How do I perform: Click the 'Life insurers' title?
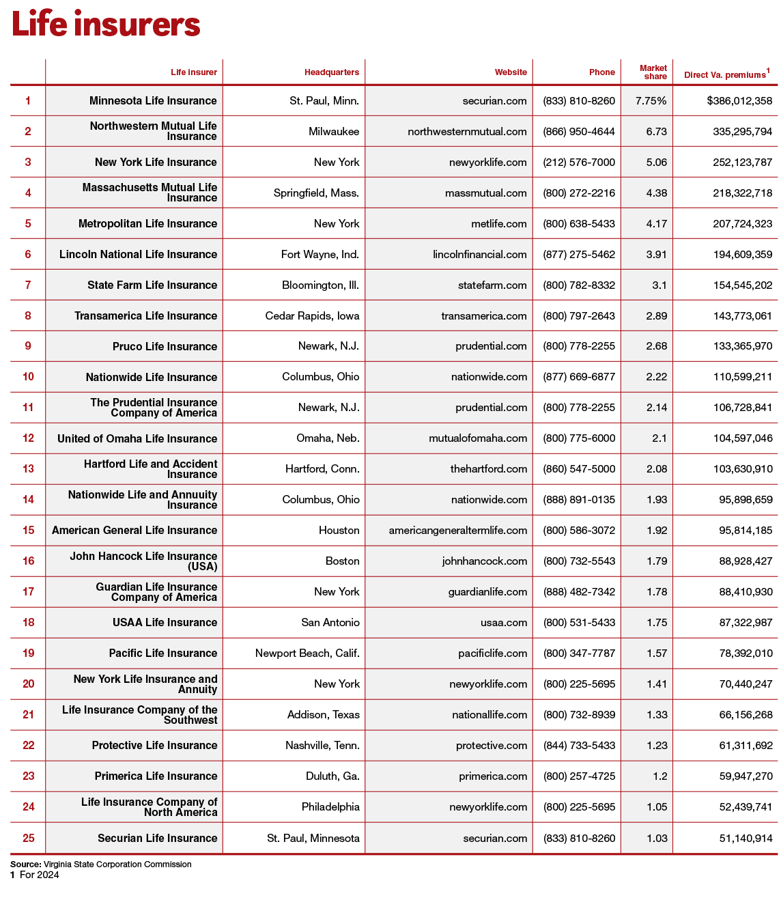pos(106,25)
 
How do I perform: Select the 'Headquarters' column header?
pos(331,72)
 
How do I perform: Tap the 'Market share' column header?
pos(653,72)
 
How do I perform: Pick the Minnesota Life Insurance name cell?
pos(153,101)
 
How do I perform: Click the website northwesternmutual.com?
pos(467,132)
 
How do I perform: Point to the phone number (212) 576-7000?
pos(579,163)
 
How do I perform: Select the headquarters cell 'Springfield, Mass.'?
pos(316,193)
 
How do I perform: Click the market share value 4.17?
pos(656,224)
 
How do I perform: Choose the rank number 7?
pos(28,285)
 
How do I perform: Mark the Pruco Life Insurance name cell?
pos(165,347)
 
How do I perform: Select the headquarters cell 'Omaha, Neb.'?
pos(328,438)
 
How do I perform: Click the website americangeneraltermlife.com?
pos(458,531)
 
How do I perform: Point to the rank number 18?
pos(28,623)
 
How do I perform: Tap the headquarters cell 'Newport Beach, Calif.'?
pos(307,653)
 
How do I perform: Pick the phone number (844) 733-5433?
pos(579,746)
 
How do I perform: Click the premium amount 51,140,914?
pos(745,839)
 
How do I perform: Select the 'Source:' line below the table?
pos(101,864)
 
